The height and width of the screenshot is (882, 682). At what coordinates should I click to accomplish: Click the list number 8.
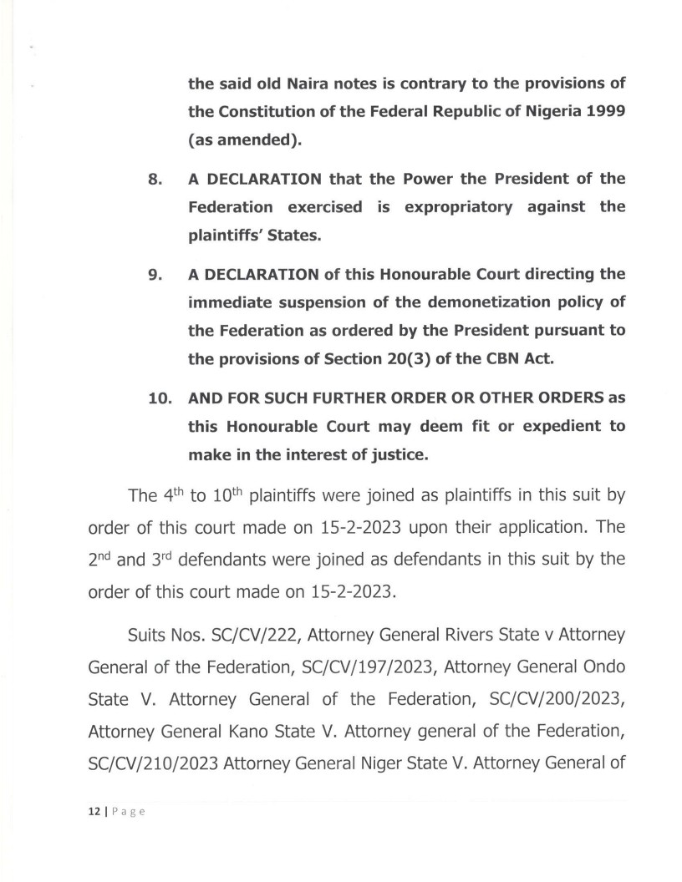click(x=155, y=180)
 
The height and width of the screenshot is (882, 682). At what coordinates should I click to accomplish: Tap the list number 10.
click(x=159, y=398)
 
